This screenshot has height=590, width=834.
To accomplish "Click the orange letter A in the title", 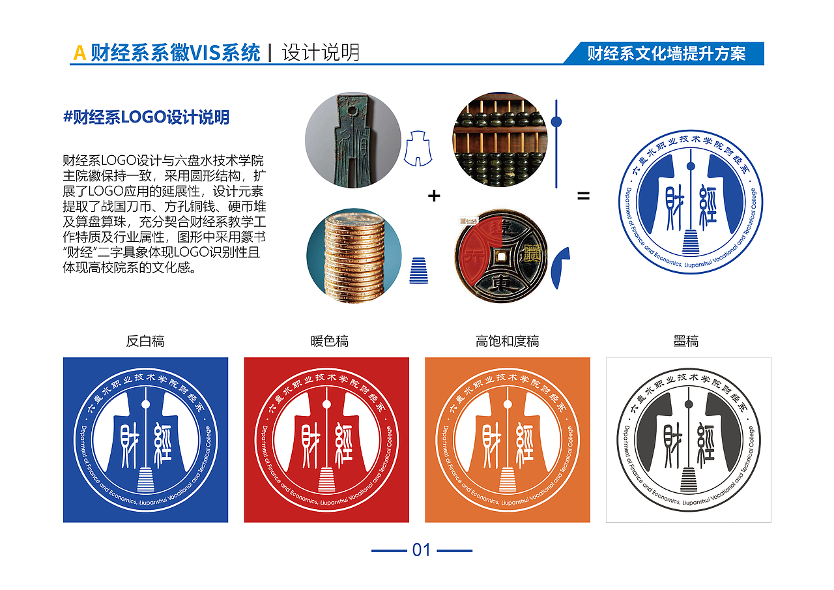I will (79, 53).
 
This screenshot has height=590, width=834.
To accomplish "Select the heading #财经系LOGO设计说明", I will (146, 117).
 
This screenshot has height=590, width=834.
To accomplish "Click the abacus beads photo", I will (499, 140).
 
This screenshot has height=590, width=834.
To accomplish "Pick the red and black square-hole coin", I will (500, 256).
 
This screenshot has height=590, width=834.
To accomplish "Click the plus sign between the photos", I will (433, 196).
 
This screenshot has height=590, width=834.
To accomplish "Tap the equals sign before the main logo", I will (583, 195).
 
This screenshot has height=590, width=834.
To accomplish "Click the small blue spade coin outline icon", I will (418, 148).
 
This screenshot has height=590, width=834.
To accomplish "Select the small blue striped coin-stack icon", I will (418, 271).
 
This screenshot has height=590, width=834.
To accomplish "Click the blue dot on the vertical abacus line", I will (556, 122).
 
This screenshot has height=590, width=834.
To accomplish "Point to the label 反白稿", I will (145, 341).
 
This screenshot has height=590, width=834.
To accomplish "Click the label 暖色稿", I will (329, 341).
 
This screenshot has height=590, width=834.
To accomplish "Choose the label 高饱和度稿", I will (507, 341).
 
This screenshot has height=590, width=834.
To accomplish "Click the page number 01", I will (422, 550).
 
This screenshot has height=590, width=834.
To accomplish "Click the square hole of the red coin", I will (500, 257).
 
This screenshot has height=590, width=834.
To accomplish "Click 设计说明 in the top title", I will (321, 53).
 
